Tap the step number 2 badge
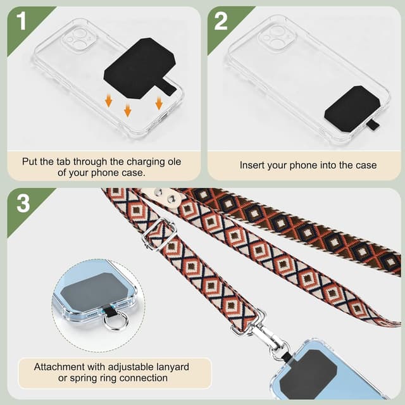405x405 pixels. (221, 22)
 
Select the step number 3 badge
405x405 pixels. (23, 203)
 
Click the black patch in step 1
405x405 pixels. (139, 68)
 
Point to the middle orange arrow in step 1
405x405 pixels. (128, 110)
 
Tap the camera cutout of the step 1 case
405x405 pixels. (78, 39)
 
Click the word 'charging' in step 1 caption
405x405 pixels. (147, 162)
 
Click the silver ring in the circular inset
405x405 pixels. (113, 321)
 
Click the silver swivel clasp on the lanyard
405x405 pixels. (268, 335)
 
